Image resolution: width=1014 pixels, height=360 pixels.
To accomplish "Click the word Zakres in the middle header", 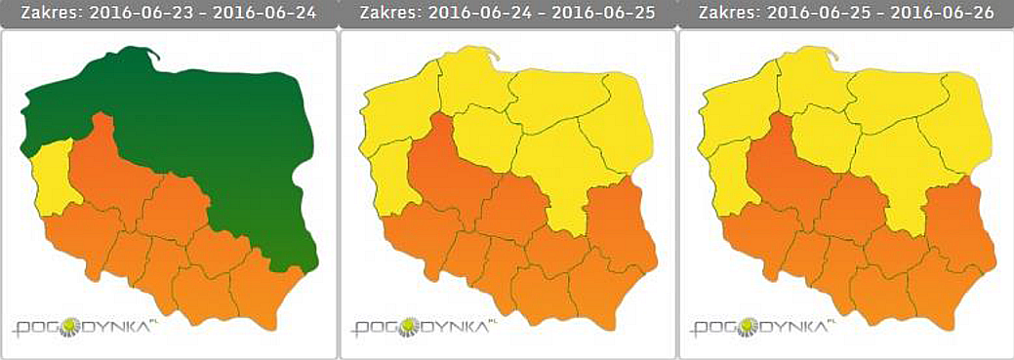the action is click(385, 14).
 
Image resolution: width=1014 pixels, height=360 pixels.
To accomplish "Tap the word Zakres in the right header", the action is click(725, 14).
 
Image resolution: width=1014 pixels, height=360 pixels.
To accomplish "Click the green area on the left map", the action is click(215, 127).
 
